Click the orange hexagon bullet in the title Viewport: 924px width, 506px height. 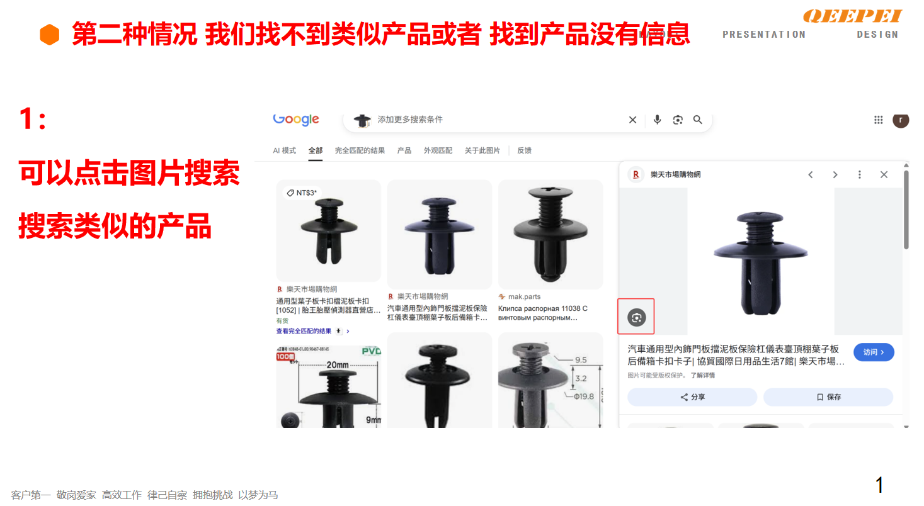pos(49,35)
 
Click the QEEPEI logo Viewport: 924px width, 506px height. pos(853,16)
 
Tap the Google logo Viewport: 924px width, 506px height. pos(296,120)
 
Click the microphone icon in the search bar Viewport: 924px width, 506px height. pos(657,120)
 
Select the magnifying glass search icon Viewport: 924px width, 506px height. pos(697,120)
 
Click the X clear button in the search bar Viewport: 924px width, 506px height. pos(632,120)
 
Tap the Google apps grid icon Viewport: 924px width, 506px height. pos(878,120)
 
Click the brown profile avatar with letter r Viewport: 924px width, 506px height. pos(901,120)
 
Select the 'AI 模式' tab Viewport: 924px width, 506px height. pos(284,150)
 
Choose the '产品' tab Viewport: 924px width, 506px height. pos(404,150)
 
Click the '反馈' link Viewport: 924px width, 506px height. pos(524,150)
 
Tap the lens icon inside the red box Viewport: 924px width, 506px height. pos(637,317)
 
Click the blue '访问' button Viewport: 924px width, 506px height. pos(874,352)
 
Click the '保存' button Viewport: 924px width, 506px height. pos(828,397)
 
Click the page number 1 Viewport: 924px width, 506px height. pos(880,485)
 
